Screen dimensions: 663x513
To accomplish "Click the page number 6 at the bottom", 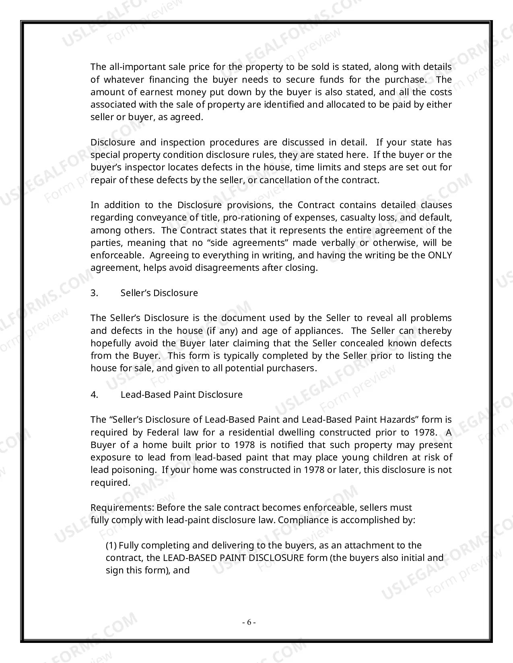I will tap(249, 622).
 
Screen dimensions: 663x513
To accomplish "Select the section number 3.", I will tap(94, 293).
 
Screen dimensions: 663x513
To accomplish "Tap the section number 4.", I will tap(94, 395).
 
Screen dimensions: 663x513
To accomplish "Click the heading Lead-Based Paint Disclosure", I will tap(181, 395).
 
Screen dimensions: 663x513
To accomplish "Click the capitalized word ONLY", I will tap(440, 255).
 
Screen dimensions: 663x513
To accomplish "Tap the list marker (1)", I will tap(111, 545).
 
